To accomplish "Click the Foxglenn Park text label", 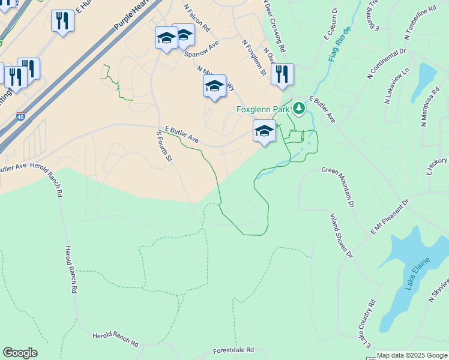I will click(262, 109).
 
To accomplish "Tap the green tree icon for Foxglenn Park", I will click(298, 109).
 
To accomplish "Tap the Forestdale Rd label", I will click(234, 350).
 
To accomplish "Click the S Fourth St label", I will click(163, 147).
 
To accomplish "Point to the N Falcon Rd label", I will click(196, 19).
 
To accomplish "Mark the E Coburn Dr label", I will click(331, 24).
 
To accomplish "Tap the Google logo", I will click(20, 353).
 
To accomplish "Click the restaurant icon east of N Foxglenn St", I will click(282, 74).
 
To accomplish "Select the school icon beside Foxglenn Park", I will click(264, 131).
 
